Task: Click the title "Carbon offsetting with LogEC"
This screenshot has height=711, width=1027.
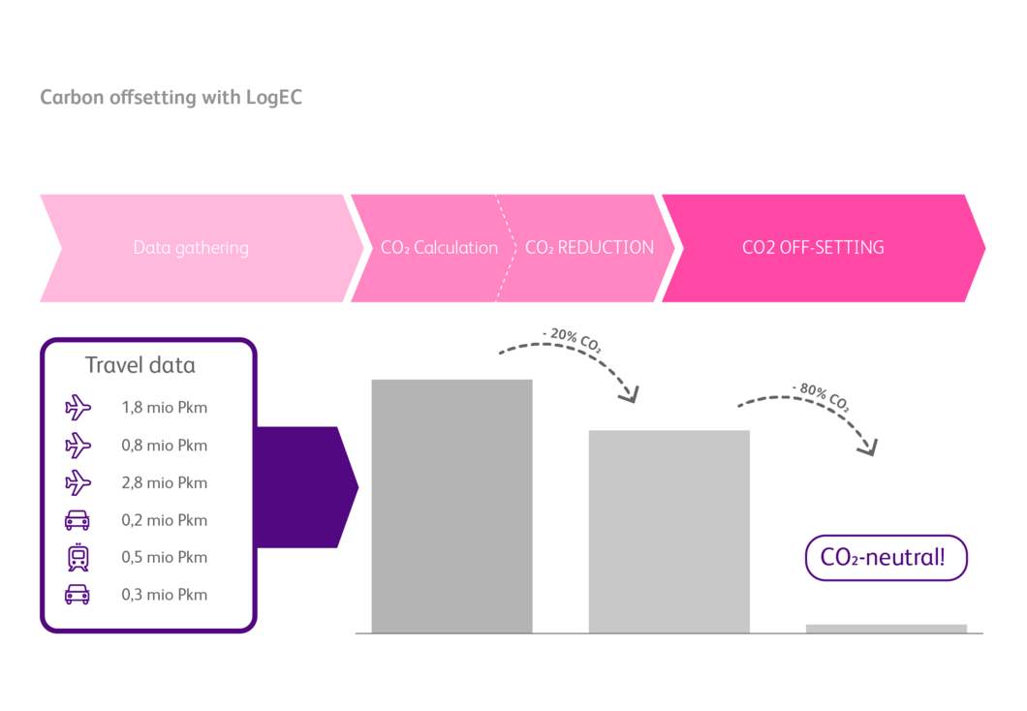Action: pyautogui.click(x=171, y=98)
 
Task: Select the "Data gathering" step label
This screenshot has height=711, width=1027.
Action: pyautogui.click(x=191, y=248)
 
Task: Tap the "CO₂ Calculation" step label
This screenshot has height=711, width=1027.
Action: pyautogui.click(x=439, y=248)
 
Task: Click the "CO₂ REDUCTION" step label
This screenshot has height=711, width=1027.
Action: pyautogui.click(x=589, y=248)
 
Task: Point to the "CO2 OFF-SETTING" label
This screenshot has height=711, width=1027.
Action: pyautogui.click(x=813, y=248)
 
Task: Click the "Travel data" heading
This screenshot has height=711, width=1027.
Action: pyautogui.click(x=140, y=365)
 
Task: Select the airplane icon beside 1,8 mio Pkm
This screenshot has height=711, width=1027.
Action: pyautogui.click(x=78, y=408)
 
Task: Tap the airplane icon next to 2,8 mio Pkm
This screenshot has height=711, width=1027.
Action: pyautogui.click(x=78, y=482)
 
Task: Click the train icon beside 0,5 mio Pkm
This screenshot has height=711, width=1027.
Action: pyautogui.click(x=78, y=557)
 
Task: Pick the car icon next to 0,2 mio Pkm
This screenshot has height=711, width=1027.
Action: pyautogui.click(x=78, y=520)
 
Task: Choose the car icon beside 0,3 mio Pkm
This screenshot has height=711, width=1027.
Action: pyautogui.click(x=78, y=594)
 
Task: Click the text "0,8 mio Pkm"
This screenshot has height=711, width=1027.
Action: pyautogui.click(x=165, y=446)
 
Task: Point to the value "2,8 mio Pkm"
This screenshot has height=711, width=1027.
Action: pyautogui.click(x=165, y=482)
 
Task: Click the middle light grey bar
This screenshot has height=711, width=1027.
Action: pyautogui.click(x=669, y=531)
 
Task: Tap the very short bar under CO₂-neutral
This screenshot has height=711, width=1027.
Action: pyautogui.click(x=886, y=629)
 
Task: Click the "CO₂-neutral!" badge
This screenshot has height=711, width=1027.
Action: pyautogui.click(x=886, y=558)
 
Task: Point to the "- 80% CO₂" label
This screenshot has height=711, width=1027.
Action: pyautogui.click(x=821, y=397)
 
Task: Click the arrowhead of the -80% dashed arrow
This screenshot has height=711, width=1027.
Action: pyautogui.click(x=869, y=448)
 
